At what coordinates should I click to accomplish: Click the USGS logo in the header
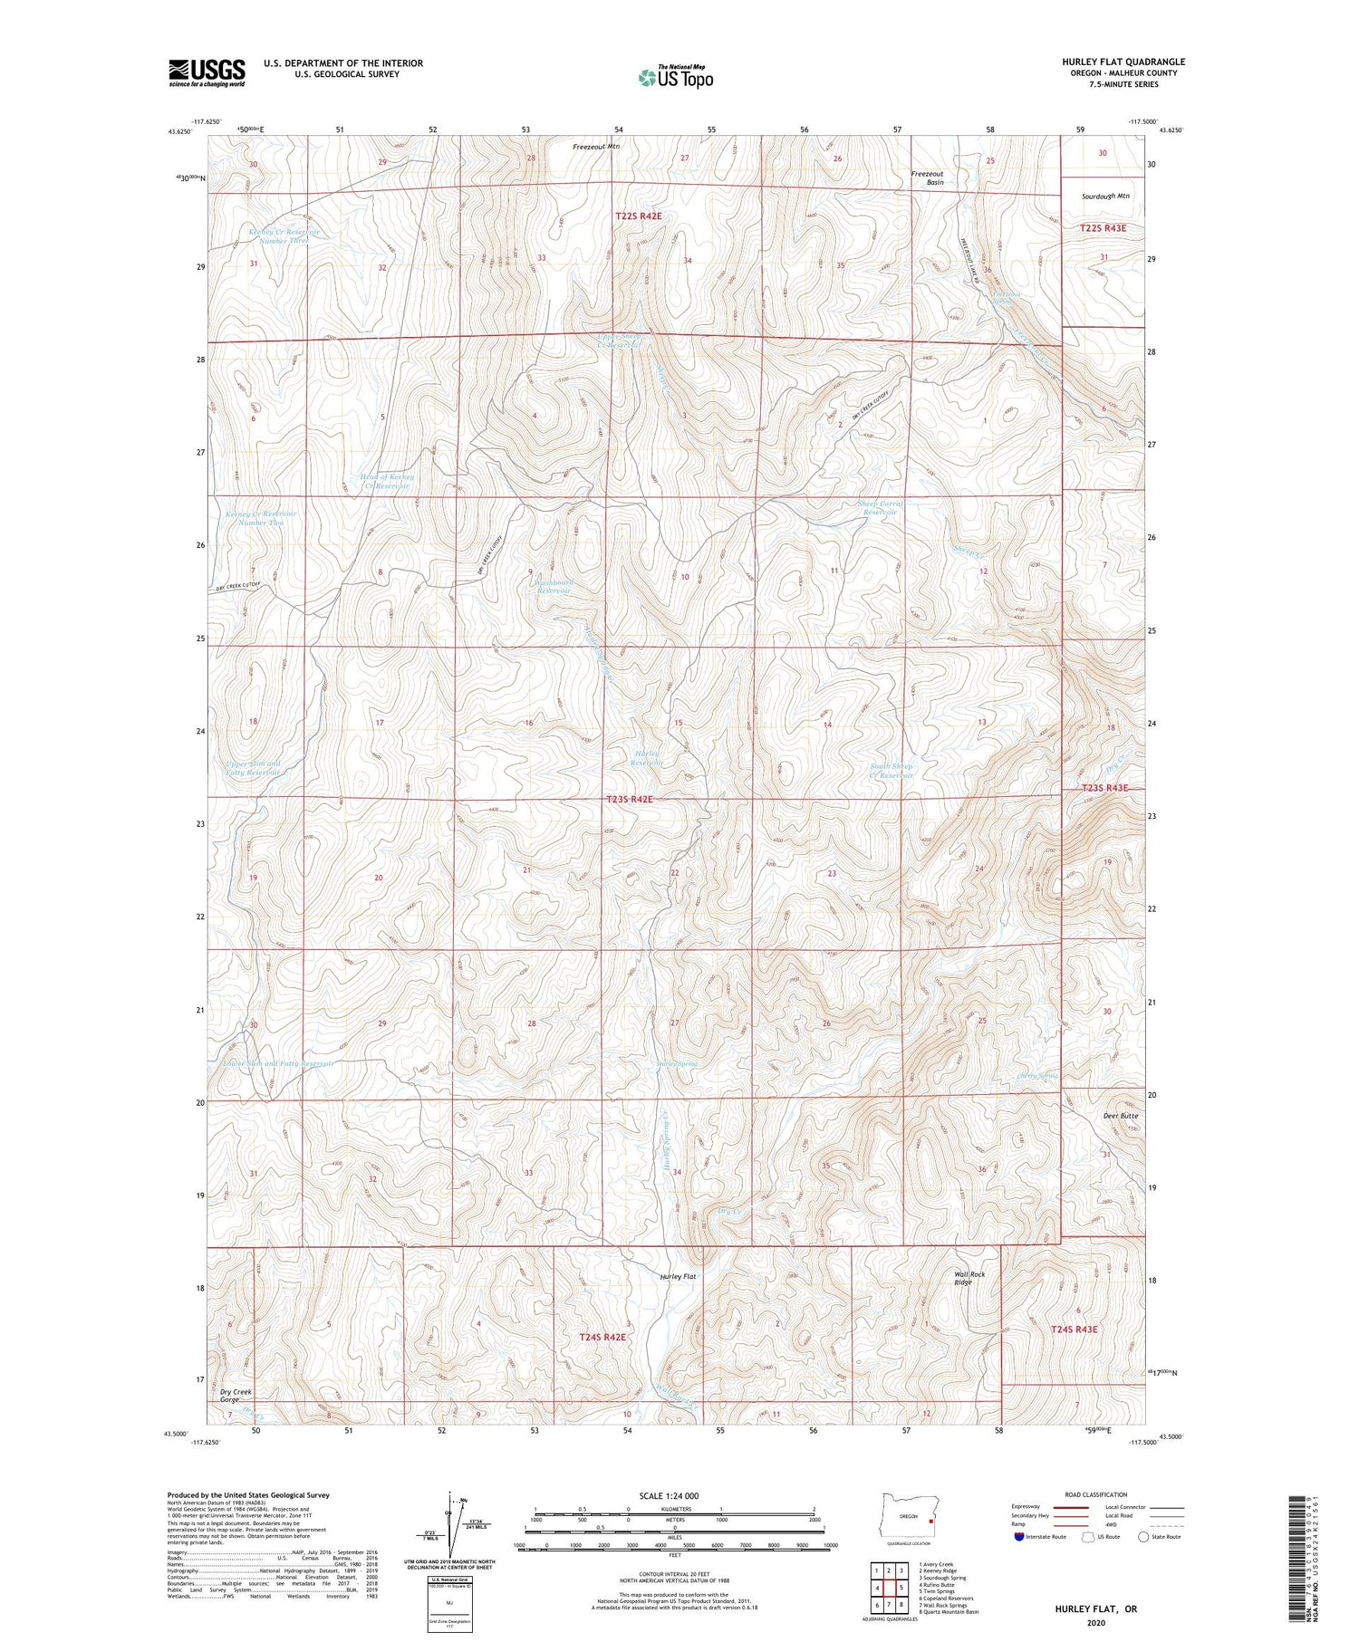pyautogui.click(x=207, y=72)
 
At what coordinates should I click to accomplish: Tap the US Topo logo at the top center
pyautogui.click(x=675, y=77)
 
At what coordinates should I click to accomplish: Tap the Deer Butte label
pyautogui.click(x=1121, y=1116)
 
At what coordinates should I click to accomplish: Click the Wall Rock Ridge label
pyautogui.click(x=969, y=1278)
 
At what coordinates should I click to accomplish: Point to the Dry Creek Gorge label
pyautogui.click(x=236, y=1395)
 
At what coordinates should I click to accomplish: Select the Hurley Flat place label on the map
pyautogui.click(x=678, y=1276)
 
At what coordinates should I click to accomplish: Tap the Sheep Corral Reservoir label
pyautogui.click(x=880, y=508)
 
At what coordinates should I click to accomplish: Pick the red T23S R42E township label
pyautogui.click(x=629, y=800)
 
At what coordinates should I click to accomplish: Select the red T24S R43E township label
pyautogui.click(x=1074, y=1329)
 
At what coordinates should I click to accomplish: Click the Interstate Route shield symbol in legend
pyautogui.click(x=1018, y=1536)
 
